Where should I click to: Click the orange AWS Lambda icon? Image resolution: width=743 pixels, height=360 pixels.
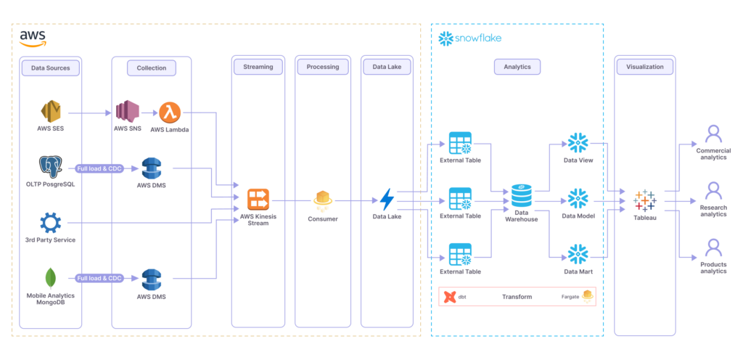[x=170, y=112]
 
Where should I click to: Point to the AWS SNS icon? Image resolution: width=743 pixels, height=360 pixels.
[x=127, y=112]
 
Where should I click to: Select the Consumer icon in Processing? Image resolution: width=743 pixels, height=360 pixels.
[x=323, y=199]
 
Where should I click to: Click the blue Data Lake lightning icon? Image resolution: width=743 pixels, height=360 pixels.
[x=387, y=199]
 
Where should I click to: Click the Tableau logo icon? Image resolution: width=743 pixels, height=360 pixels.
[x=644, y=200]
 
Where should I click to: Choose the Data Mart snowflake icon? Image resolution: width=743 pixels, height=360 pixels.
[x=578, y=254]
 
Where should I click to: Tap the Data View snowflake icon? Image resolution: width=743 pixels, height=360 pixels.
[x=578, y=143]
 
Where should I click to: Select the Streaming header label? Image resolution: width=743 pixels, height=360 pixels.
[x=258, y=67]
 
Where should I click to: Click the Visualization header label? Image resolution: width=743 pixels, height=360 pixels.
[x=644, y=67]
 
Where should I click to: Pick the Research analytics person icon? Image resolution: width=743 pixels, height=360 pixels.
[x=713, y=191]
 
